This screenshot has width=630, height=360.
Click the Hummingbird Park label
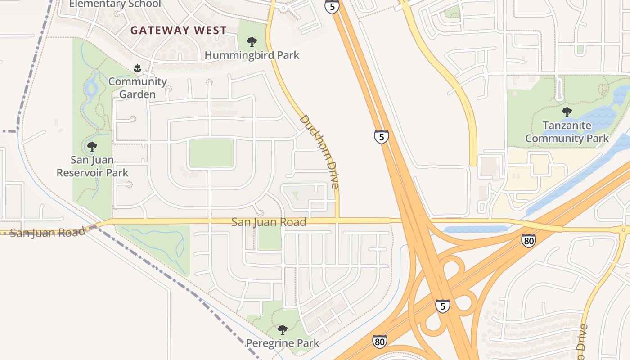click(252, 55)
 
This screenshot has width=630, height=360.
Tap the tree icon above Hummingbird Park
click(252, 42)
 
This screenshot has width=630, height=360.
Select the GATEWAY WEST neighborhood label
click(179, 31)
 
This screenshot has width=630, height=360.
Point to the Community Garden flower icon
click(138, 68)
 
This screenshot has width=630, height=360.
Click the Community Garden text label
click(138, 88)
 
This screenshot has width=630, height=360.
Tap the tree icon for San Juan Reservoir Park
click(92, 146)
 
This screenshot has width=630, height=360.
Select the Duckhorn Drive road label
click(319, 151)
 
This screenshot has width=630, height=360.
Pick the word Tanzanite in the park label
click(567, 126)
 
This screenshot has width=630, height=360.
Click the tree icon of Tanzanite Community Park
click(567, 112)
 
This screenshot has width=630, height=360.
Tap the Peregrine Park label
click(282, 343)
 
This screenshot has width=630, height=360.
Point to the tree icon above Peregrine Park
click(282, 330)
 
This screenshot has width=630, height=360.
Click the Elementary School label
click(115, 4)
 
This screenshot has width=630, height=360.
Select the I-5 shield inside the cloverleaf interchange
click(442, 306)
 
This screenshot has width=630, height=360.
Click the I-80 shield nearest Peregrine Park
click(379, 342)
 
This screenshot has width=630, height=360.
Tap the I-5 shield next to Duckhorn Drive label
click(381, 136)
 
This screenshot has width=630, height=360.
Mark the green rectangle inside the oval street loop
click(211, 153)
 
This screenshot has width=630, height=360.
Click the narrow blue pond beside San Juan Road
click(476, 229)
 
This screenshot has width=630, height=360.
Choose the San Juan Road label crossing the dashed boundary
click(47, 233)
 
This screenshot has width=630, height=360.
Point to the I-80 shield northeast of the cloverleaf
click(529, 241)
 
